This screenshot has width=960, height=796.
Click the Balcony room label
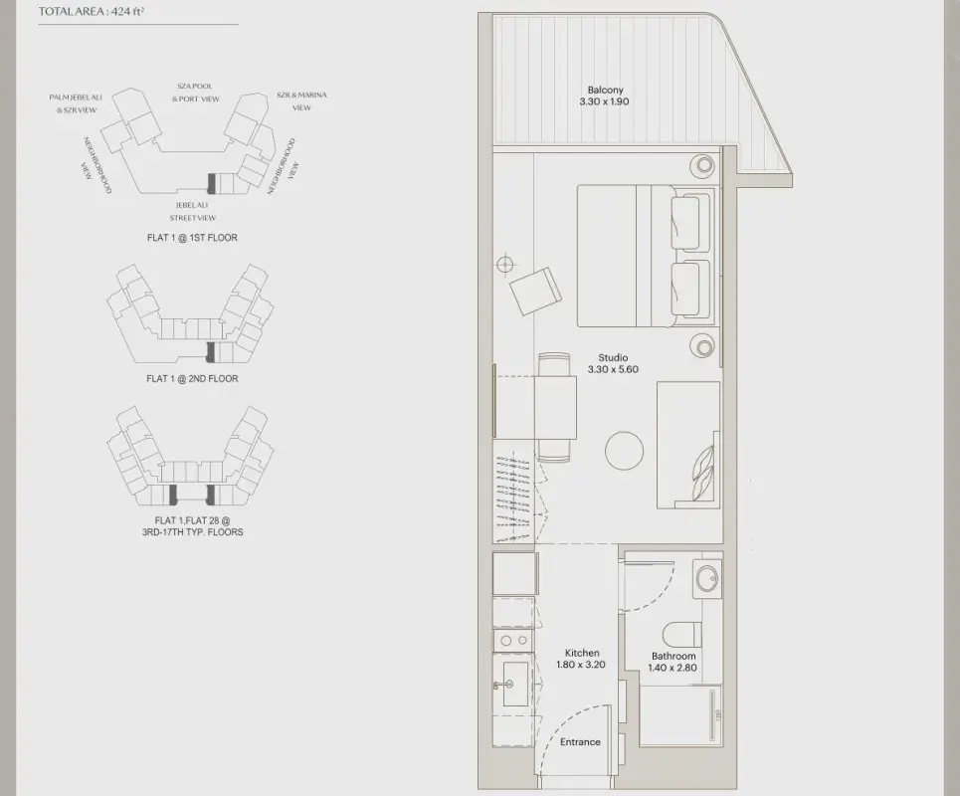(605, 90)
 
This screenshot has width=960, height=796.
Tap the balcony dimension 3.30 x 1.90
(604, 101)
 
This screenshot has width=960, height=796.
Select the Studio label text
(613, 357)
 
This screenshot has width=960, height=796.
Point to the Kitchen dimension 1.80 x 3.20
(580, 665)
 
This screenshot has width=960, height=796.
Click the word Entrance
(580, 742)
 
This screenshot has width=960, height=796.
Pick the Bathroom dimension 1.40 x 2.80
(672, 668)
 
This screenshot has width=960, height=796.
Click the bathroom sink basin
(707, 578)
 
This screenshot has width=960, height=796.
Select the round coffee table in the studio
(624, 450)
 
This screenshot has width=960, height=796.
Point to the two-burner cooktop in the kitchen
(514, 640)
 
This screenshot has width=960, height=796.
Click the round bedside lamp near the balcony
(704, 165)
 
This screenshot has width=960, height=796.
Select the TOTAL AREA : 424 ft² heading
(92, 12)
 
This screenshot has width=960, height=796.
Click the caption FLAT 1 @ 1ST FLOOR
(192, 238)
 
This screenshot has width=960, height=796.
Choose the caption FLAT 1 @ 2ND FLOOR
(192, 379)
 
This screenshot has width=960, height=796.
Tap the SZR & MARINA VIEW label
(301, 101)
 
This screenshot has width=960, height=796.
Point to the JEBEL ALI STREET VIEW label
(192, 211)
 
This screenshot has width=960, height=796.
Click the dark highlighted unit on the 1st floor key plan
(211, 183)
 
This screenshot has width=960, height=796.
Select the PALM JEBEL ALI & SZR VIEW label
(76, 103)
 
